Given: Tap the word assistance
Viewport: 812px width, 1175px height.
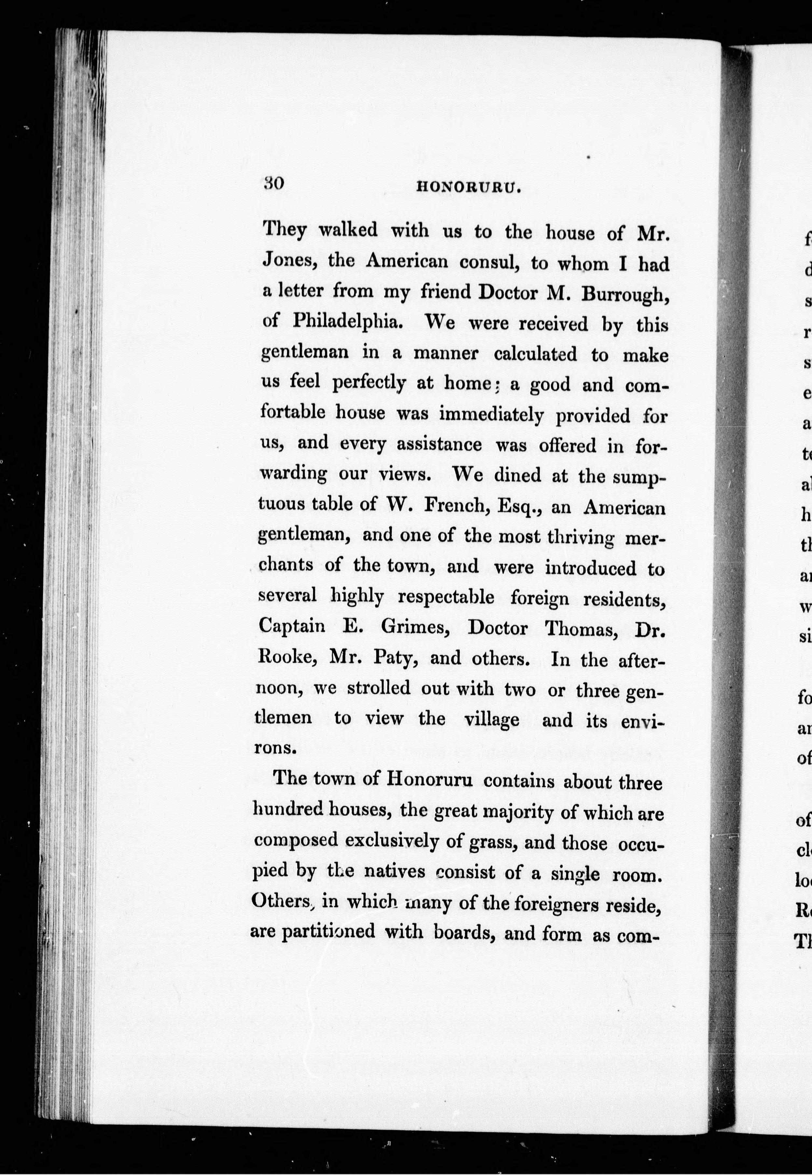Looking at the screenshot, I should pos(439,445).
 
